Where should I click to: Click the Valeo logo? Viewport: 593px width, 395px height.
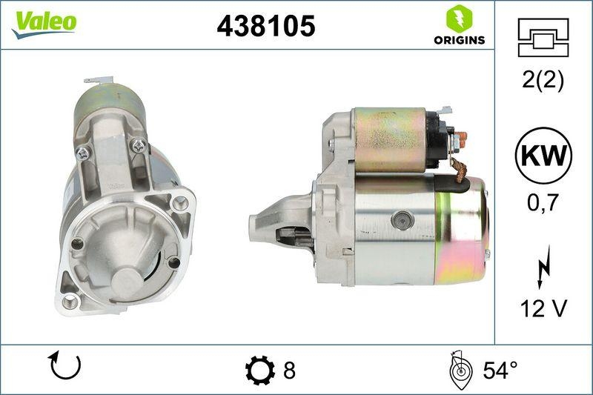click(44, 23)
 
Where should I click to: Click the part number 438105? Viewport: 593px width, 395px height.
click(266, 26)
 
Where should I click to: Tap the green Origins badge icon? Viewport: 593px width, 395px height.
click(459, 18)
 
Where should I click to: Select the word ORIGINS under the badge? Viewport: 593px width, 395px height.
click(459, 40)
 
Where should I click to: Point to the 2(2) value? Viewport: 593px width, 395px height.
click(543, 80)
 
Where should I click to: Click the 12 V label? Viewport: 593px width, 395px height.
click(543, 308)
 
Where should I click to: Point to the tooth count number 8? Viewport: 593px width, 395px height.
click(289, 369)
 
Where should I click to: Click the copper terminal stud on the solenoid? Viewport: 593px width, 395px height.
click(462, 137)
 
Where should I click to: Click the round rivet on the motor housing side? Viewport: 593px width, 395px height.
click(403, 219)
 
